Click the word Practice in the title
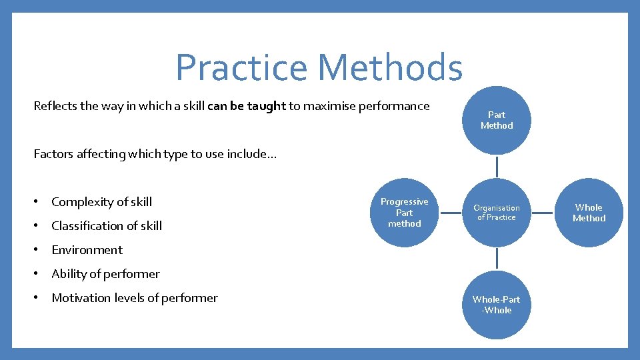242,68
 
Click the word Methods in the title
390,68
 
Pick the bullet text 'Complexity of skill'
101,202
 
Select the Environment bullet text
87,250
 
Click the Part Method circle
497,120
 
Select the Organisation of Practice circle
497,213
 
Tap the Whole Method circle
589,213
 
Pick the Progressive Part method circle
404,213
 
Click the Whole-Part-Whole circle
497,305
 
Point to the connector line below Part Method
497,167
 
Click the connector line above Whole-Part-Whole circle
497,259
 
